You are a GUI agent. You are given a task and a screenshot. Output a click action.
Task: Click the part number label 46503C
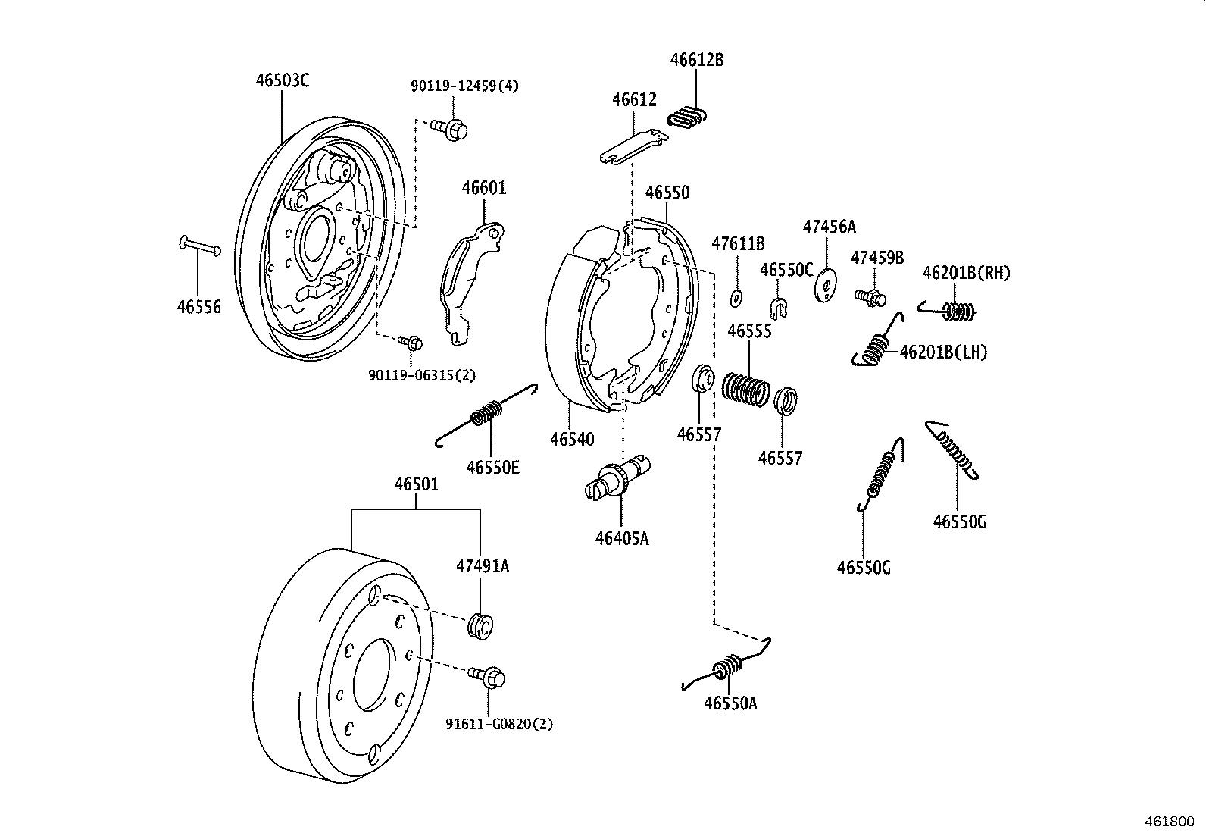(x=282, y=80)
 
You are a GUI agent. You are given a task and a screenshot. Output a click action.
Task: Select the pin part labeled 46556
(x=200, y=246)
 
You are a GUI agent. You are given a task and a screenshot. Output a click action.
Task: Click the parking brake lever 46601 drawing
(x=470, y=280)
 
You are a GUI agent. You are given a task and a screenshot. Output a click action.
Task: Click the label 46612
(x=634, y=99)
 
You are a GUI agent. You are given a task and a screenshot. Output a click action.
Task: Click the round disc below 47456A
(x=826, y=286)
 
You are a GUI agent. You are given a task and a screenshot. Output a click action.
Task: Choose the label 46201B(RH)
(x=966, y=273)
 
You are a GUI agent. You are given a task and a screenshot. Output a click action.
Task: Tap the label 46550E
(x=493, y=467)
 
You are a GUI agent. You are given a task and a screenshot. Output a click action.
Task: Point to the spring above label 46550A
(x=727, y=667)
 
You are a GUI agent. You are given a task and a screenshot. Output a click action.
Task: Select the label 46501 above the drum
(x=416, y=484)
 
